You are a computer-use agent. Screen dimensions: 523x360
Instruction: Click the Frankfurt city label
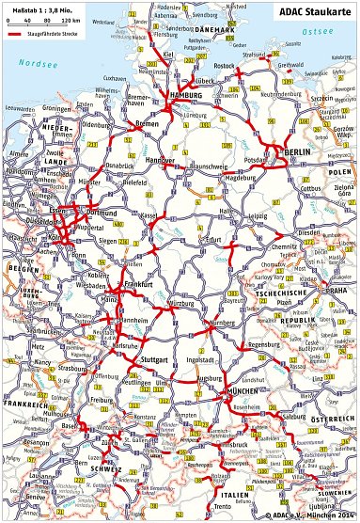point(137,283)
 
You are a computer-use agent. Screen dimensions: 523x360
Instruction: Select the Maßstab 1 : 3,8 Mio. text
point(41,8)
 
